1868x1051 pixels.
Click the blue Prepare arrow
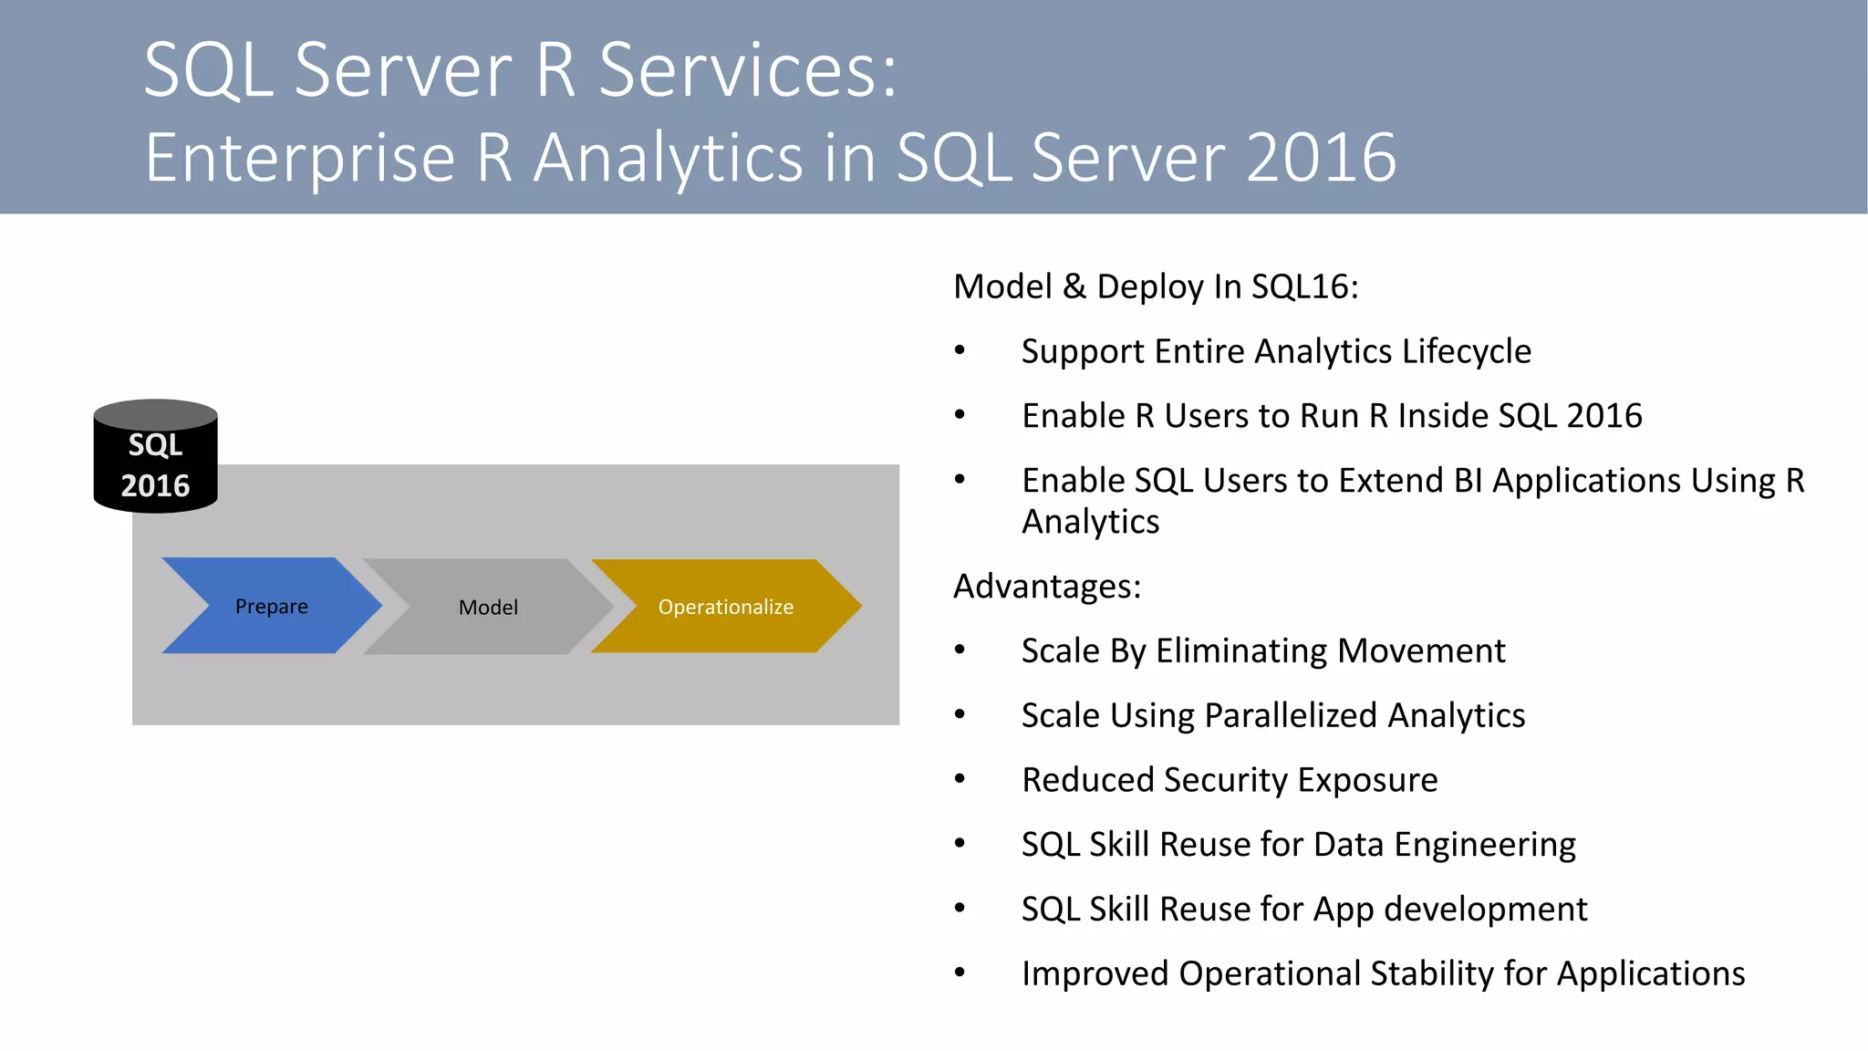tap(271, 606)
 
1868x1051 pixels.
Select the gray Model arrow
tap(488, 607)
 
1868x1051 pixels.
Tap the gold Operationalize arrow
tap(725, 607)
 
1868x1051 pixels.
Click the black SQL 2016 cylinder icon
tap(155, 456)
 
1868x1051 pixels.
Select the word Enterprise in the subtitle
tap(299, 157)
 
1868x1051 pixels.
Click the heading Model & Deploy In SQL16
tap(1155, 286)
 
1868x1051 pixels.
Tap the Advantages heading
tap(1046, 586)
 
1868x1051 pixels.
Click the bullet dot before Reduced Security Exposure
tap(960, 779)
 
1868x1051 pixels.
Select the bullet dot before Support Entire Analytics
tap(960, 350)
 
